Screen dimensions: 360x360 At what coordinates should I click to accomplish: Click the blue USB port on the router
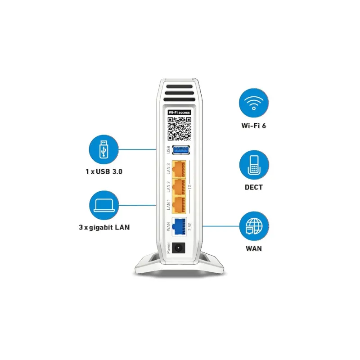click(181, 150)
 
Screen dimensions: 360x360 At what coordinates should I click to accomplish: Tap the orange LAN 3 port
click(179, 169)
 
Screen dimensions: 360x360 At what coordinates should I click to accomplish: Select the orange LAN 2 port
click(179, 187)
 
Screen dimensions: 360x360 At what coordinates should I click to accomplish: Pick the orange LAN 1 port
click(179, 205)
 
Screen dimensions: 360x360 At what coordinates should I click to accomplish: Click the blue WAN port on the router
click(179, 226)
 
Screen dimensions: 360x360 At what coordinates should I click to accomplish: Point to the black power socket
click(178, 248)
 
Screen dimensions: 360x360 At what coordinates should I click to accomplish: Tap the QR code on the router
click(179, 129)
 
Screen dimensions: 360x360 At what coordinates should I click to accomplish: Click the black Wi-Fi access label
click(179, 112)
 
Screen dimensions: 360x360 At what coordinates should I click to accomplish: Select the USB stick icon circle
click(104, 149)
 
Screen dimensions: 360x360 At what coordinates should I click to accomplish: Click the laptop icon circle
click(104, 205)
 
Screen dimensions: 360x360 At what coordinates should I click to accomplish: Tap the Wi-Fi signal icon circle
click(254, 103)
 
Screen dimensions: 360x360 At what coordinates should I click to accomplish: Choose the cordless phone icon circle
click(254, 165)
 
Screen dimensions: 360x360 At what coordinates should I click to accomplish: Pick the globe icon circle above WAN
click(254, 226)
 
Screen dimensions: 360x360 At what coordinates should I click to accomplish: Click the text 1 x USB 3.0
click(104, 171)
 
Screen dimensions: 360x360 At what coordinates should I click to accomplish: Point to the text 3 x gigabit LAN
click(104, 227)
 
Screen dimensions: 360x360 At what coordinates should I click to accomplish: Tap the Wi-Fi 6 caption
click(254, 126)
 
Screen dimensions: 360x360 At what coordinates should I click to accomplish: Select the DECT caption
click(254, 187)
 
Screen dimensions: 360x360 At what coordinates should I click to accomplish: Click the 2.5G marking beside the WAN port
click(189, 226)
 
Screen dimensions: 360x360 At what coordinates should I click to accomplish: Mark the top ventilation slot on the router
click(180, 86)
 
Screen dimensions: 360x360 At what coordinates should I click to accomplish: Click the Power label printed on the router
click(168, 248)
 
